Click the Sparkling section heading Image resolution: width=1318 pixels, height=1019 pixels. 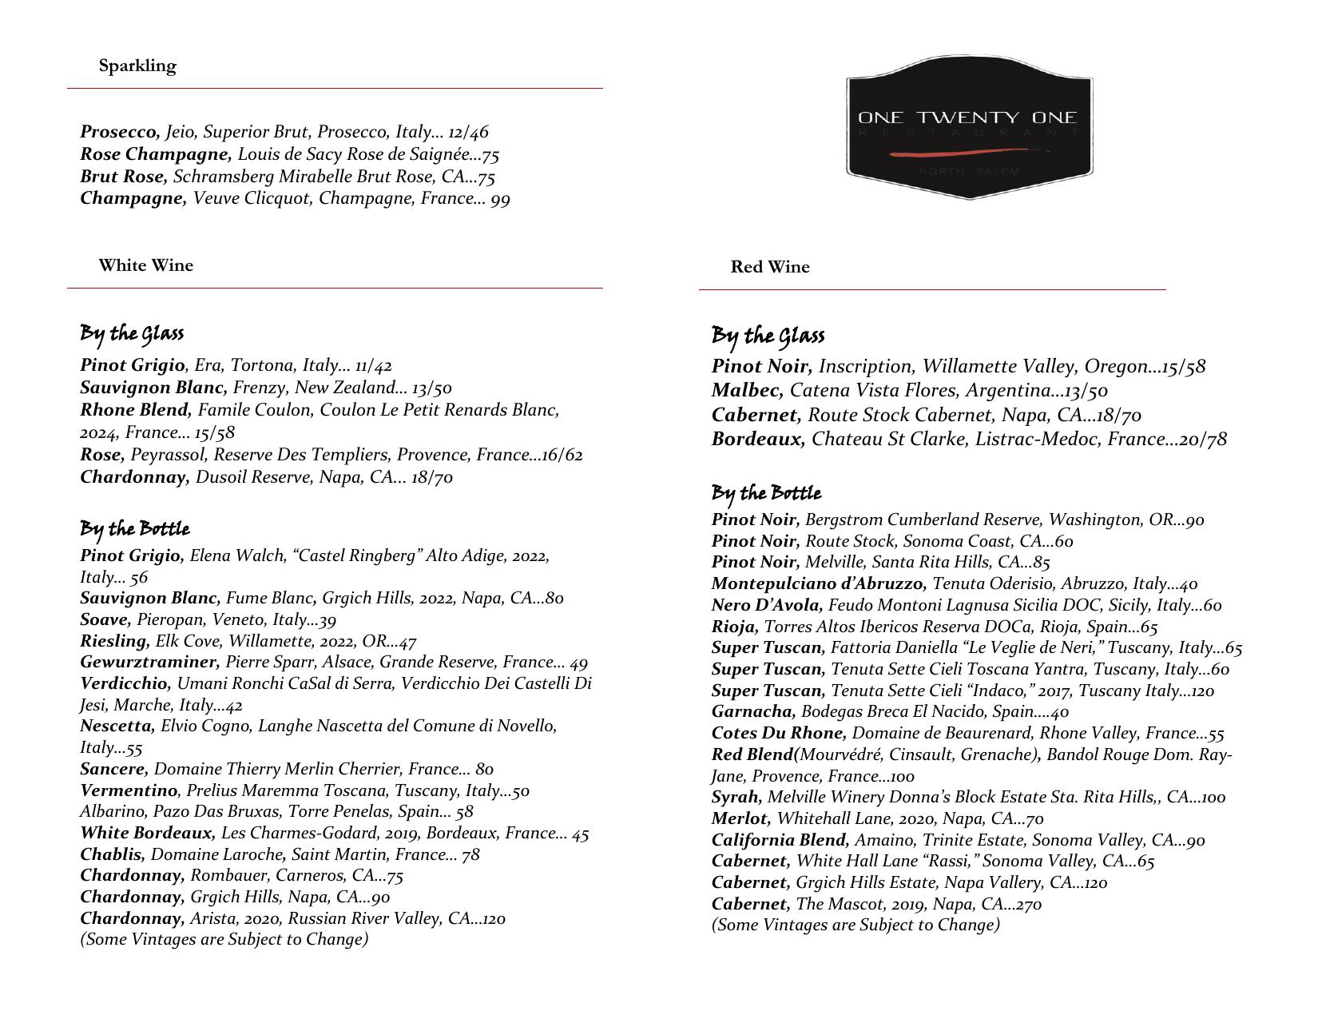137,66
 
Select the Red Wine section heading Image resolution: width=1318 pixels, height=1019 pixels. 769,267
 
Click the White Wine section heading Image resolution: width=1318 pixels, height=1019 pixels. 145,265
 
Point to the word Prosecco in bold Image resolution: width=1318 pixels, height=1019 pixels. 120,132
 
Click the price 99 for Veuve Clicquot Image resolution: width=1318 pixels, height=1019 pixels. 500,199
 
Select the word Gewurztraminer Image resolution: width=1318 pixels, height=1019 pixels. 149,662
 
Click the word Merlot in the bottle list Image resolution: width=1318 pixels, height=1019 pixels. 740,818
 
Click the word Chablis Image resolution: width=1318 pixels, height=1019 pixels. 112,854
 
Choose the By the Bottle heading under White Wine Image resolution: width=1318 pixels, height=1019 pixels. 134,530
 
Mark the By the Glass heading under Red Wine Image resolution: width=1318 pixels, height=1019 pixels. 768,336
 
